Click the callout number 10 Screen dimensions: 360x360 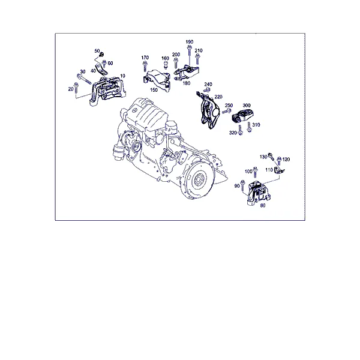pyautogui.click(x=122, y=76)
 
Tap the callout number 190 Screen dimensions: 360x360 pyautogui.click(x=190, y=42)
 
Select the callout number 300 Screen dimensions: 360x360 pyautogui.click(x=247, y=106)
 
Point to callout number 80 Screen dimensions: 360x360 pyautogui.click(x=263, y=205)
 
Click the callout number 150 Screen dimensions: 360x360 pyautogui.click(x=154, y=90)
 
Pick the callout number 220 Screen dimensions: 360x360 pyautogui.click(x=218, y=97)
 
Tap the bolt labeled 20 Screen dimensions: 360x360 pyautogui.click(x=76, y=88)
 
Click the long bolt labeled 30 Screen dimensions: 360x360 pyautogui.click(x=84, y=79)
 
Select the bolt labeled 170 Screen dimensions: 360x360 pyautogui.click(x=145, y=67)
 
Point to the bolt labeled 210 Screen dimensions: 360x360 pyautogui.click(x=197, y=59)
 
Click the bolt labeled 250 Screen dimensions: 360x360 pyautogui.click(x=227, y=112)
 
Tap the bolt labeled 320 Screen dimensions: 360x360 pyautogui.click(x=240, y=130)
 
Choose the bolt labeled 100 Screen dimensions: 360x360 pyautogui.click(x=255, y=172)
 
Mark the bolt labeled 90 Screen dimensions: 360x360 pyautogui.click(x=243, y=186)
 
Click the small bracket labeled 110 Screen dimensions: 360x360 pyautogui.click(x=279, y=170)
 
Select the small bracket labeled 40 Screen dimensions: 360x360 pyautogui.click(x=101, y=70)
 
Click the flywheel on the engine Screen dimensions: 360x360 pyautogui.click(x=198, y=179)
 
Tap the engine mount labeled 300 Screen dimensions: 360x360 pyautogui.click(x=243, y=116)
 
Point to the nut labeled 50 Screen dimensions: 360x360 pyautogui.click(x=102, y=55)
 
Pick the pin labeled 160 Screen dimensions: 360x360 pyautogui.click(x=165, y=65)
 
